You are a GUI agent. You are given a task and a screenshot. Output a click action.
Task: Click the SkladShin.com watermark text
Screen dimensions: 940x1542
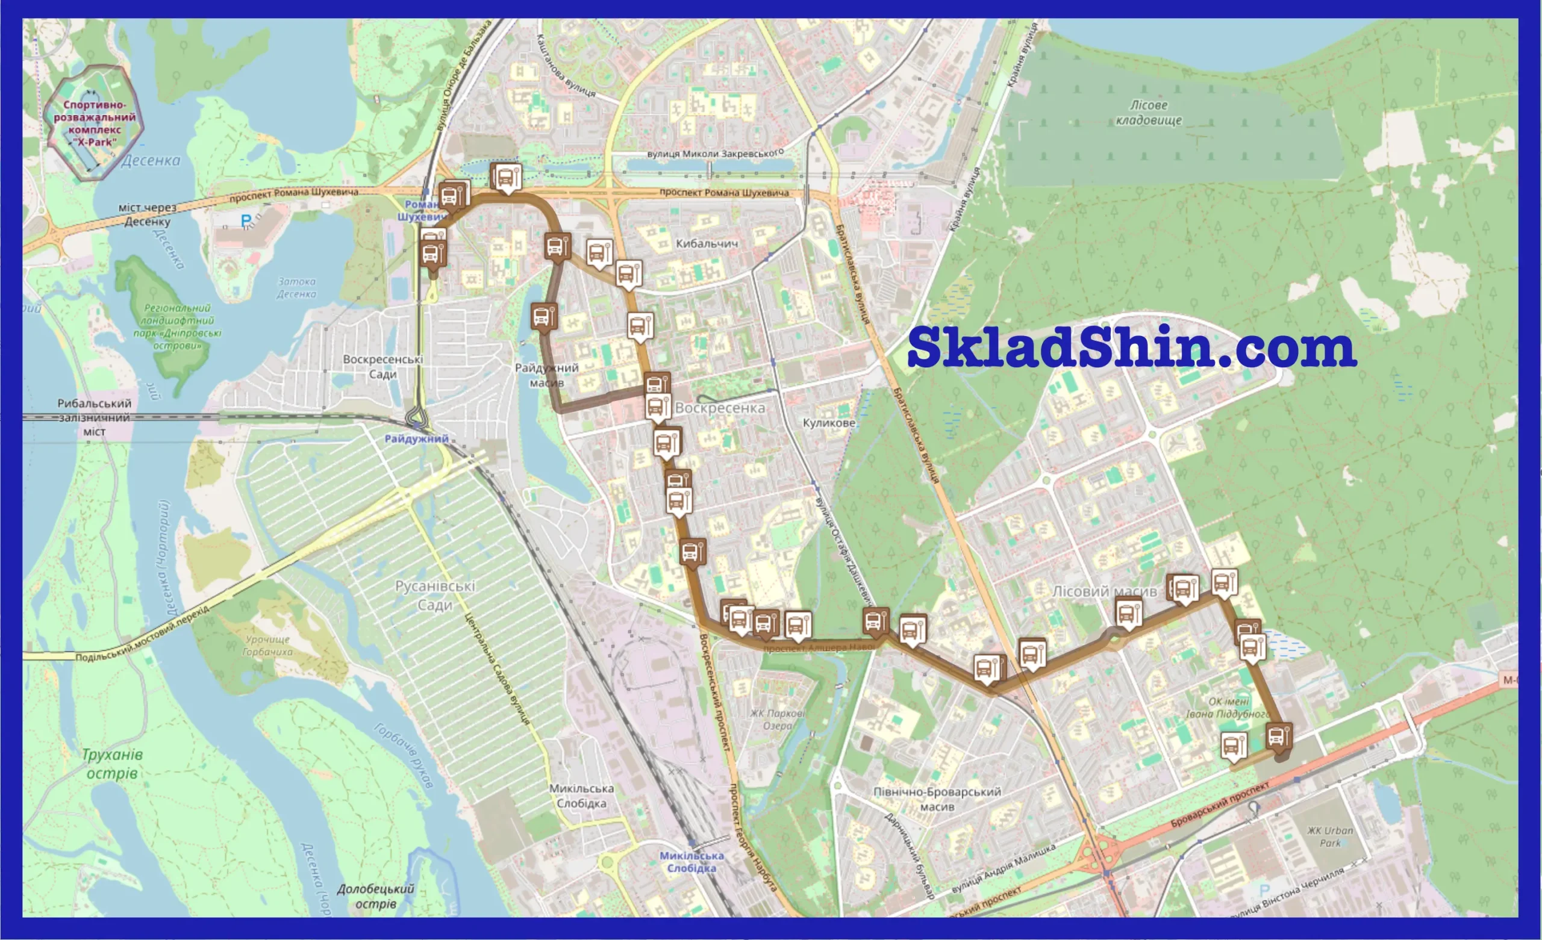point(1131,348)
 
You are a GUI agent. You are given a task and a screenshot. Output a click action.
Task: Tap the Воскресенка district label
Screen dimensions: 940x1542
point(720,408)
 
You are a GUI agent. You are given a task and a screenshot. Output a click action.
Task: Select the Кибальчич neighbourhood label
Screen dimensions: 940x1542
point(707,243)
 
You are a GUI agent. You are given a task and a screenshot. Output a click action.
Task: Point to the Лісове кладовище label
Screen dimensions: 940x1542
point(1148,113)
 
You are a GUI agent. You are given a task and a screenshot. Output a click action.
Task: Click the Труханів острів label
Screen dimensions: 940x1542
point(112,764)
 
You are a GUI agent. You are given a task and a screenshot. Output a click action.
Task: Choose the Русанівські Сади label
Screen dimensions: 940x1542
point(435,595)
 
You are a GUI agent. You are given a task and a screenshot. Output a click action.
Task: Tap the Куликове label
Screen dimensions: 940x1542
point(829,423)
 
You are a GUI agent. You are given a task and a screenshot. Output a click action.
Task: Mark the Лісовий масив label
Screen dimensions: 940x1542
point(1105,591)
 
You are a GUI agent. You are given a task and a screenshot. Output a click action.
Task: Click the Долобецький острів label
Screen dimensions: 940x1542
point(375,896)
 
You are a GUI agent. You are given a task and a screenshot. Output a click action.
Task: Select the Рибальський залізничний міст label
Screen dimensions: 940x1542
point(95,417)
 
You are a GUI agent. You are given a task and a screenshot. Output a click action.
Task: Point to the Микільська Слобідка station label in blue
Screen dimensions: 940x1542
point(691,862)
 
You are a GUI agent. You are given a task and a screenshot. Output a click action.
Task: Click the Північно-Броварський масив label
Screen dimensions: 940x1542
point(937,799)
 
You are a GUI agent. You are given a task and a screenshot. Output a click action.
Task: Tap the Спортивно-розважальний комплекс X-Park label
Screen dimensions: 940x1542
point(95,123)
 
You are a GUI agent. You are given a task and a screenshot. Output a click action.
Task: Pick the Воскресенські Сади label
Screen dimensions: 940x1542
point(382,367)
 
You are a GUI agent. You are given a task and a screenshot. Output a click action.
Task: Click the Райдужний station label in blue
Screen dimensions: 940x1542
point(416,439)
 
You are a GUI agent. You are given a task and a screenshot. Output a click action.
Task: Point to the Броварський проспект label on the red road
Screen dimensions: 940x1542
point(1220,803)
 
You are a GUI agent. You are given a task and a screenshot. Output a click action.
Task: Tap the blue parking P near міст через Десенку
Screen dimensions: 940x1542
point(246,220)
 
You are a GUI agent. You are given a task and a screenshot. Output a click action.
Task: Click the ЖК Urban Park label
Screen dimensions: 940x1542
point(1330,837)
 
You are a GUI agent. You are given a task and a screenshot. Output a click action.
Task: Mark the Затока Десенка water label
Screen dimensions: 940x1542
point(296,288)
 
